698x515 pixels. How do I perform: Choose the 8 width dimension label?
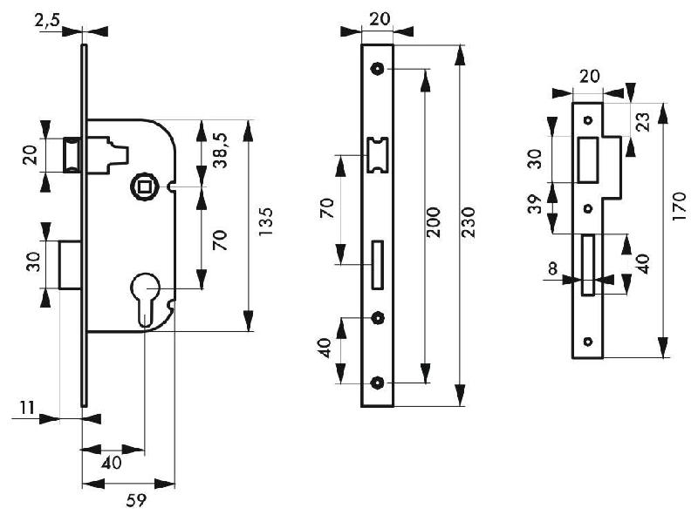pos(552,269)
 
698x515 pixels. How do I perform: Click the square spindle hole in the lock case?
pos(140,185)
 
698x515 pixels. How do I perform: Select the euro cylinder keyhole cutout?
pos(147,296)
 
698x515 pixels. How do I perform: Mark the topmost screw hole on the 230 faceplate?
pos(377,68)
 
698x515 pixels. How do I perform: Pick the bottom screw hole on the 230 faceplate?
pos(377,383)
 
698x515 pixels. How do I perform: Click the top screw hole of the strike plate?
pos(588,119)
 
